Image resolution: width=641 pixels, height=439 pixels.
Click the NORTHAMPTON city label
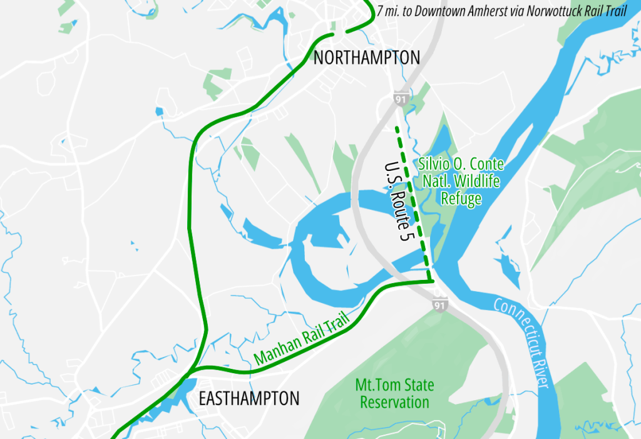coord(366,58)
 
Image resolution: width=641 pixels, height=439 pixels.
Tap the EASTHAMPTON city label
coord(249,398)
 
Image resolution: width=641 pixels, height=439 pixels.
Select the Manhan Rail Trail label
coord(301,341)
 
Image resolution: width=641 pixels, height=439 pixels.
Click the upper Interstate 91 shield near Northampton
coord(401,99)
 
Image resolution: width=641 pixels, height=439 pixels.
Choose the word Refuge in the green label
coord(461,199)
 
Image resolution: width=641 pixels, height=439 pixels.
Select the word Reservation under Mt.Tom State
coord(394,401)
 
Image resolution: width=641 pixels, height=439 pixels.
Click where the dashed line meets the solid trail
coord(431,281)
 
